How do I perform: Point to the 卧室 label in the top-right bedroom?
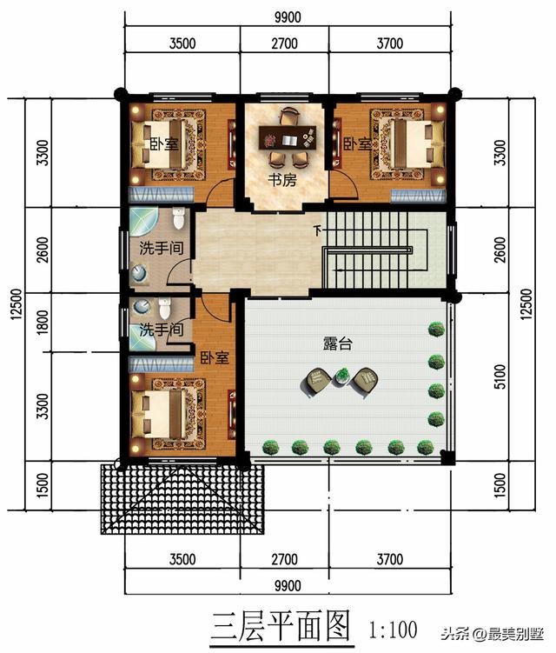pos(356,143)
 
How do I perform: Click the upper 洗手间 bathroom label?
pos(162,248)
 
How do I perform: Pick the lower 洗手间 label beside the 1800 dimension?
pos(162,330)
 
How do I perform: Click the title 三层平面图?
pos(281,624)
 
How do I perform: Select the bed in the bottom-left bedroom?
pos(165,410)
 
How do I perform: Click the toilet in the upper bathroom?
pos(179,218)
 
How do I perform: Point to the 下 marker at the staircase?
pos(317,231)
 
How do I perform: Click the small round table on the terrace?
pos(341,376)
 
